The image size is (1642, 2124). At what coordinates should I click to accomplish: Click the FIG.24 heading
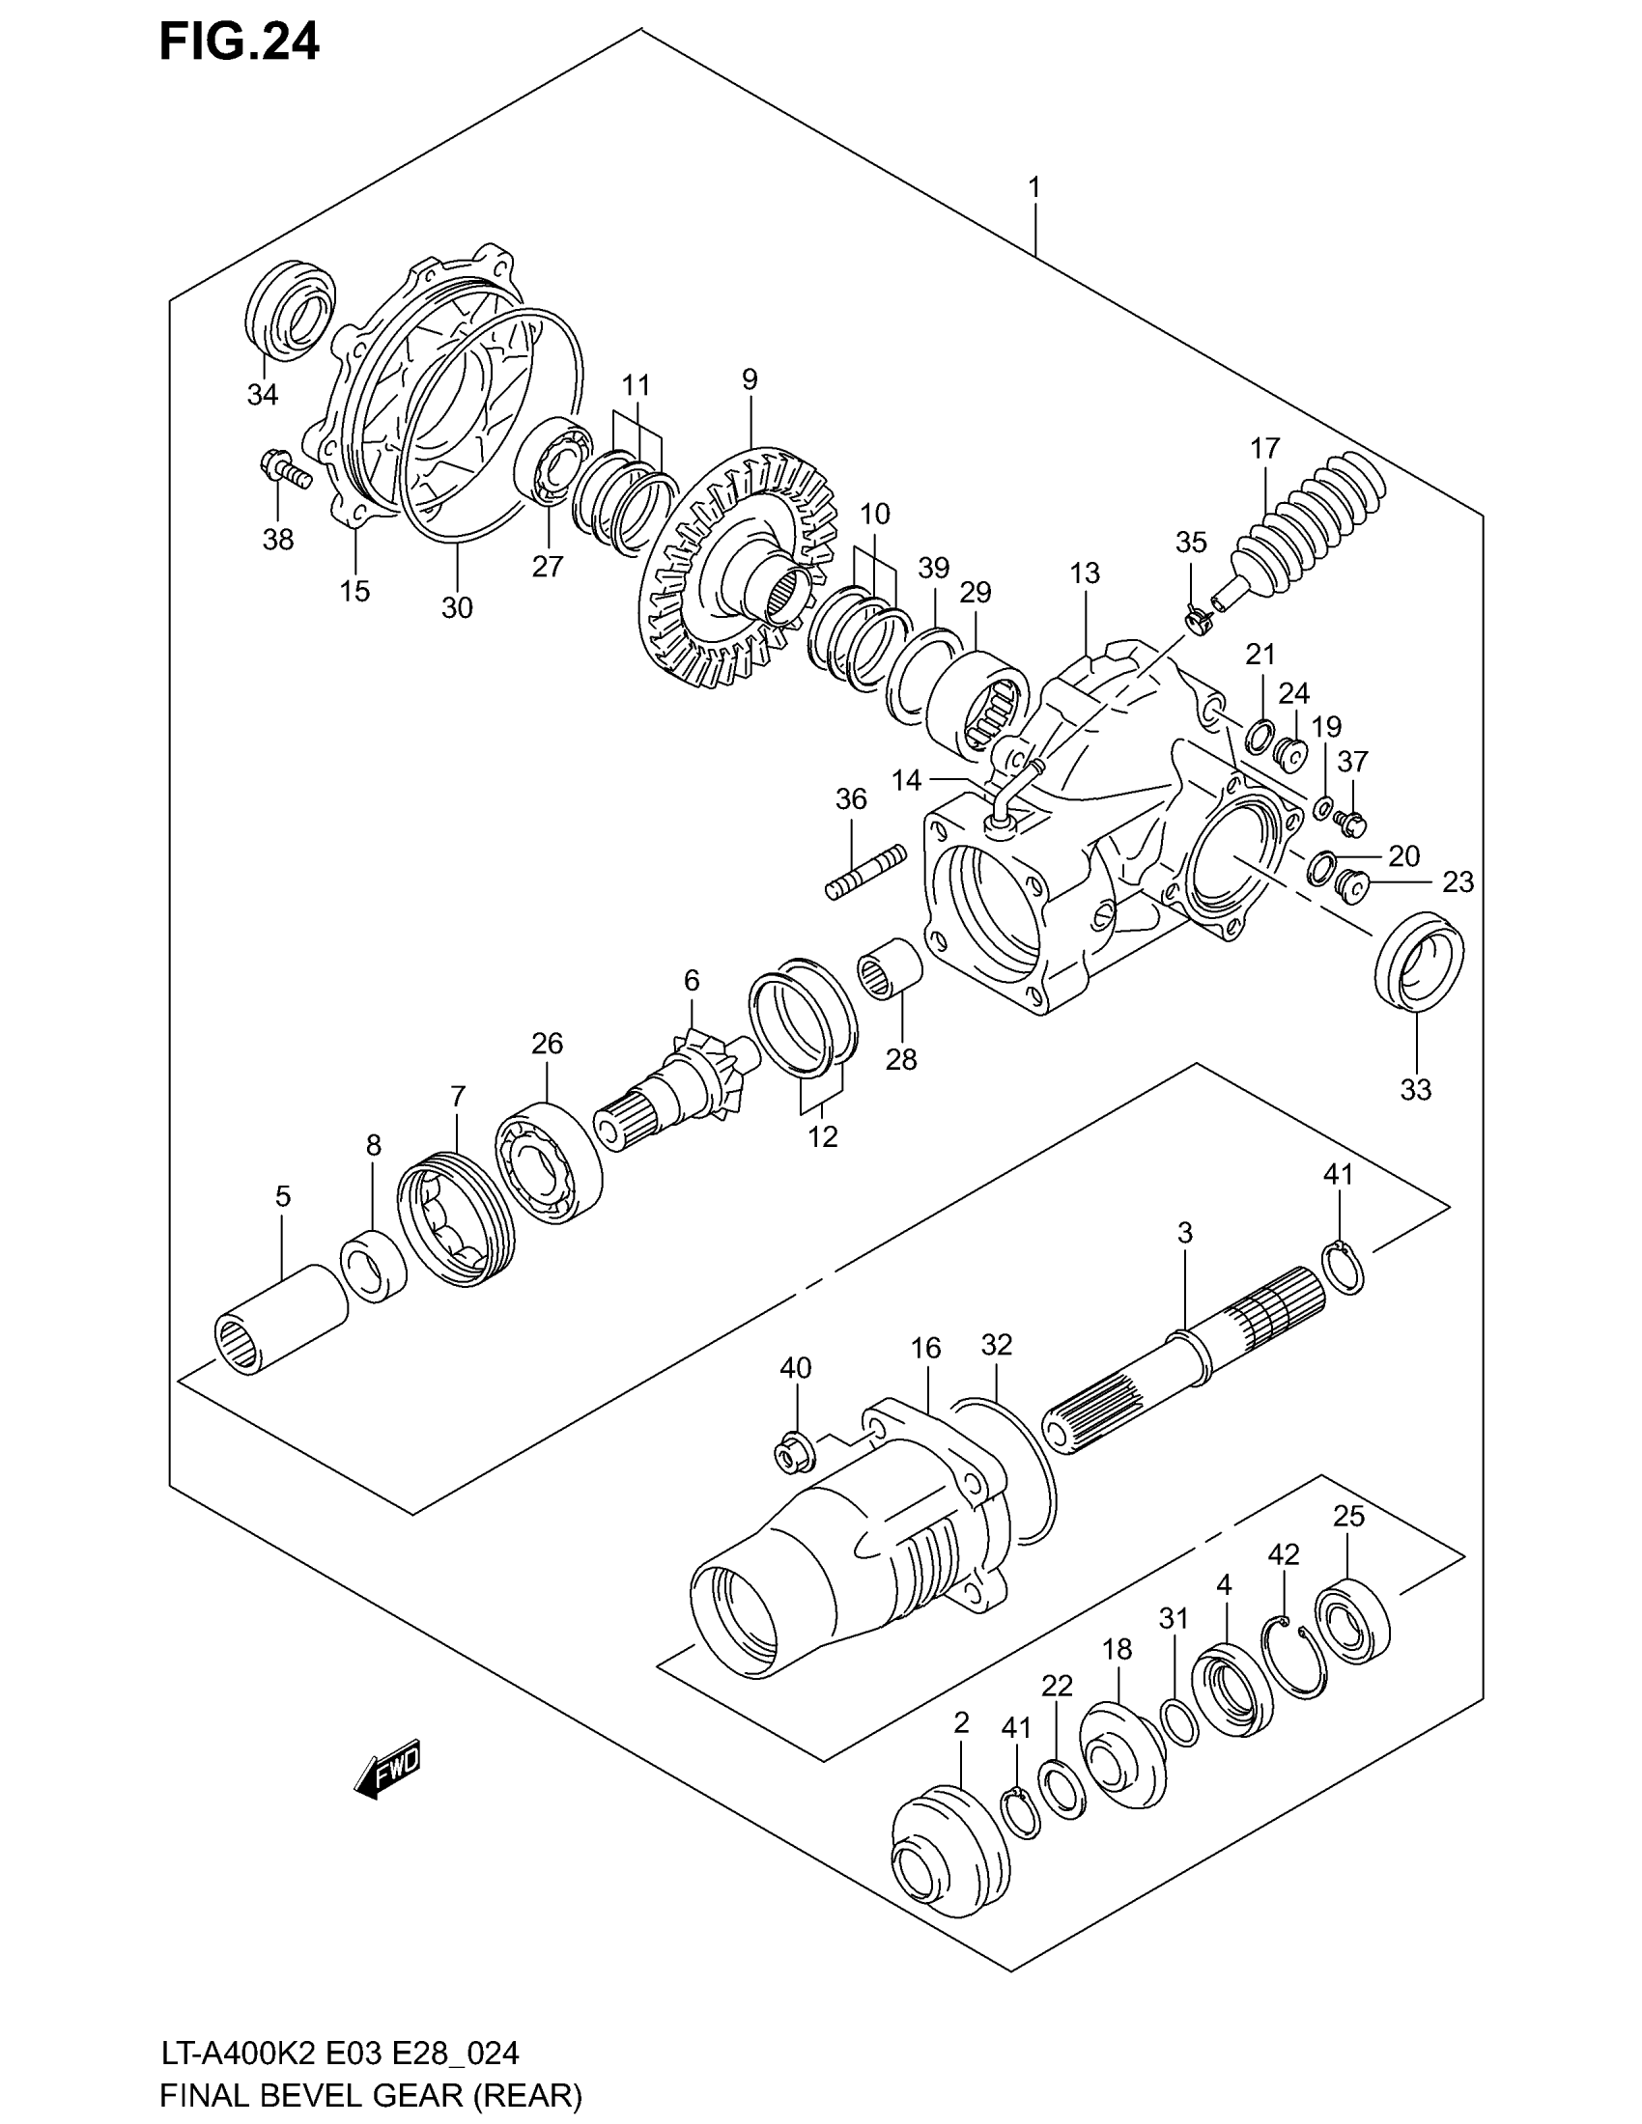click(240, 42)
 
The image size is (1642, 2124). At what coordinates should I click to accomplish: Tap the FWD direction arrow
click(388, 1766)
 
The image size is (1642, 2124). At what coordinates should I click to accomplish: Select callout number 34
click(263, 395)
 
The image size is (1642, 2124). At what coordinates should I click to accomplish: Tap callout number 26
click(547, 1044)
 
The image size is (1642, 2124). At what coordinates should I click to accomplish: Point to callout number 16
click(926, 1347)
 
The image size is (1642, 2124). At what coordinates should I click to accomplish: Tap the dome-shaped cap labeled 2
click(950, 1860)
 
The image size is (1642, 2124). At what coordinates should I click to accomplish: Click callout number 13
click(1085, 573)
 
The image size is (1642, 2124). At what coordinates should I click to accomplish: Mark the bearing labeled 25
click(1352, 1626)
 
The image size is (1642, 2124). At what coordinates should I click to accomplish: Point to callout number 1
click(1034, 185)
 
